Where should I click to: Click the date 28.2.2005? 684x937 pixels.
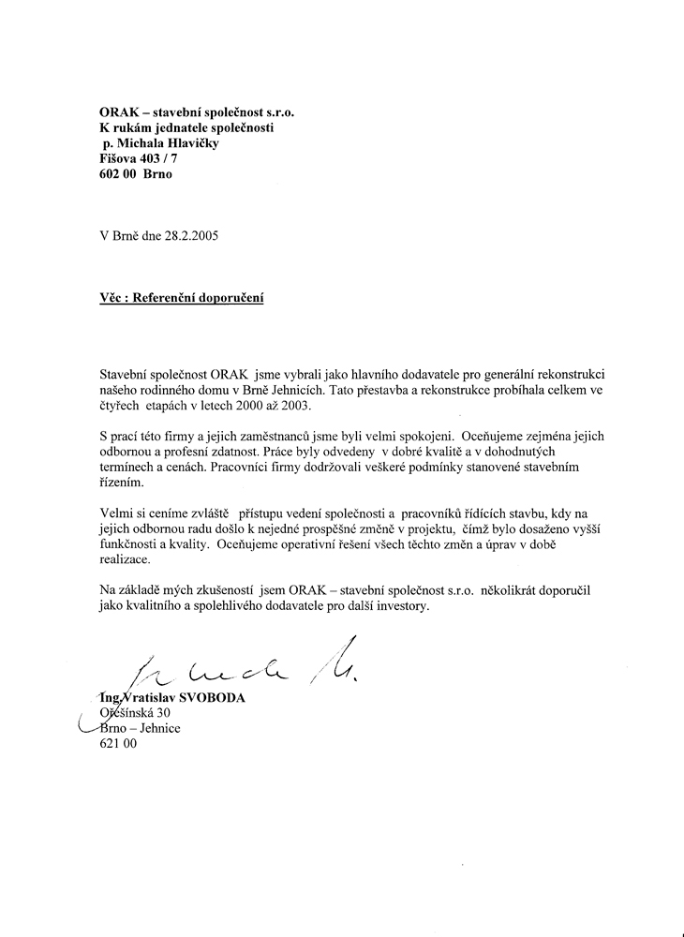[191, 236]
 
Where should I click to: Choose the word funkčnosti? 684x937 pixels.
[134, 543]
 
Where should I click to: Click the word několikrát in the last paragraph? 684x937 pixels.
[518, 590]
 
